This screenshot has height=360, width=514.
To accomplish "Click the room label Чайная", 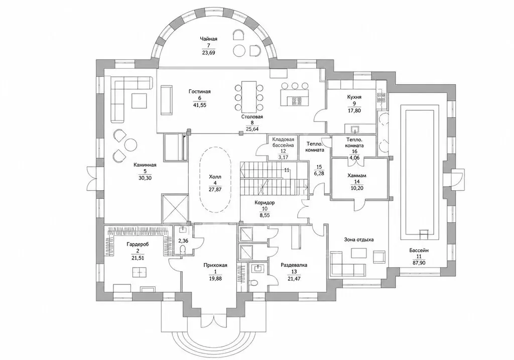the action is (x=208, y=39).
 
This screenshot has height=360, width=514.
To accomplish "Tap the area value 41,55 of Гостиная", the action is (x=200, y=105).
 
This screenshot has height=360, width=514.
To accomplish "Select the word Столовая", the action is (x=252, y=116).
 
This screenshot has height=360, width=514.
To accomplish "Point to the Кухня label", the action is (x=354, y=97).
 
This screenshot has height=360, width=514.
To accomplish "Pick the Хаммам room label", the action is (x=357, y=176).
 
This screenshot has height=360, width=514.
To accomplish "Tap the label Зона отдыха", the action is (x=358, y=239).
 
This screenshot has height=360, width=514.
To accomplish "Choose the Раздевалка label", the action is (x=294, y=265).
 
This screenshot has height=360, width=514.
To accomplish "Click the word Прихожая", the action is (x=215, y=265).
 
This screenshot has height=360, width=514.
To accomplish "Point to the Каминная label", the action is (x=145, y=165).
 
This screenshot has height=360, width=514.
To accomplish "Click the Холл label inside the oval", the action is (x=215, y=177).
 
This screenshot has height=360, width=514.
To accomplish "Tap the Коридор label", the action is (x=265, y=203).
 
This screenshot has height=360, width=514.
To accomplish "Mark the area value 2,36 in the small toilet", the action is (x=183, y=241).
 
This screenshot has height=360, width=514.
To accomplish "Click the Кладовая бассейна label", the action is (x=283, y=142).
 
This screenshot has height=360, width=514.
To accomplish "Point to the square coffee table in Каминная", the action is (x=140, y=100).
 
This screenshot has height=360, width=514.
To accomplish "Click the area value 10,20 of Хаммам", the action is (x=357, y=188).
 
